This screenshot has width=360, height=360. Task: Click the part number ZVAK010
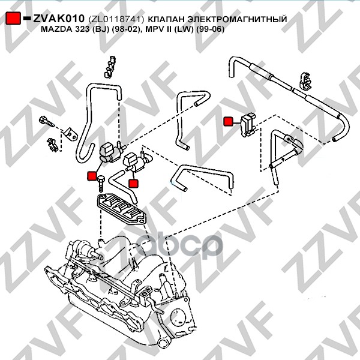click(x=59, y=20)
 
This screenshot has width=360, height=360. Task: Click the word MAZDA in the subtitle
click(x=55, y=31)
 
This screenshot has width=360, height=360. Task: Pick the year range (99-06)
click(x=205, y=31)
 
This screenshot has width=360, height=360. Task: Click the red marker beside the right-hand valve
click(x=228, y=122)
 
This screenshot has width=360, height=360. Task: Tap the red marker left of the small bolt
click(x=92, y=176)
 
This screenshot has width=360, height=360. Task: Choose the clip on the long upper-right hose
click(x=304, y=82)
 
